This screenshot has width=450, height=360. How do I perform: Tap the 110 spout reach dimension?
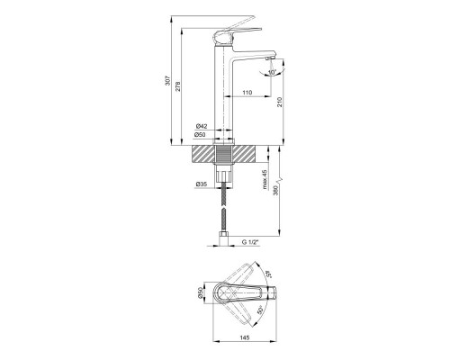[x=246, y=94]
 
